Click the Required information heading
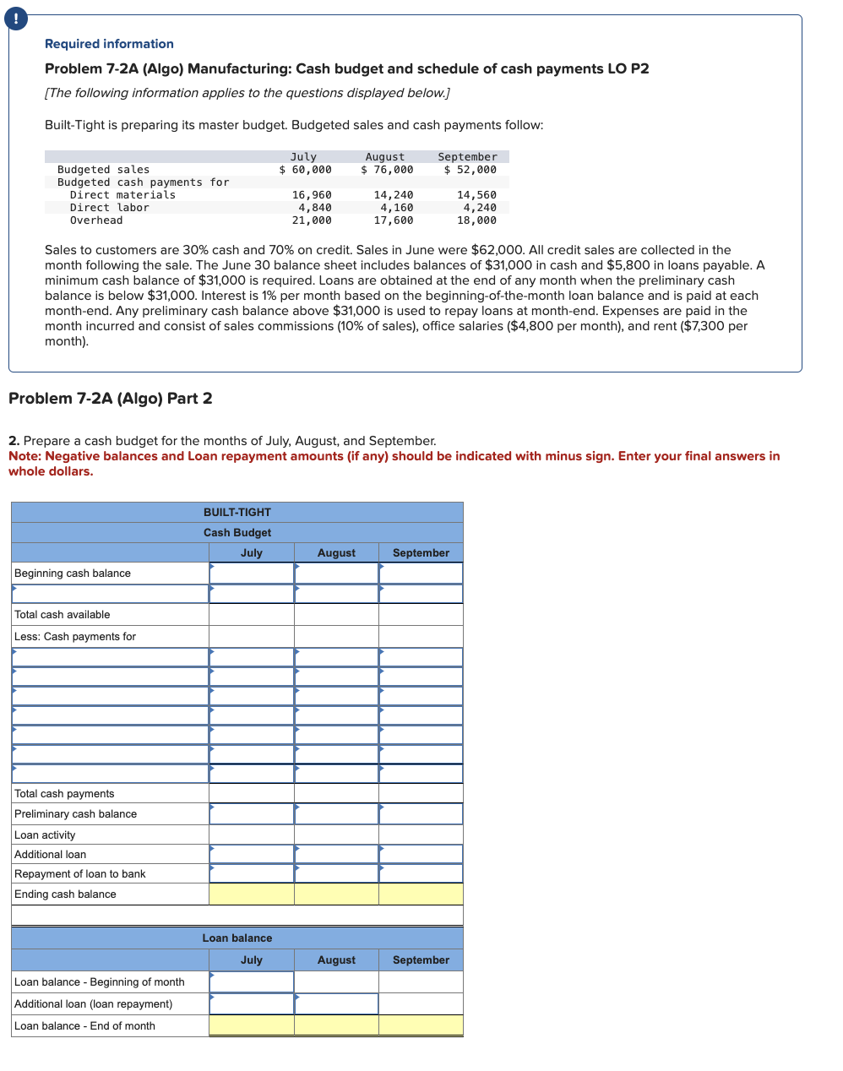[x=109, y=44]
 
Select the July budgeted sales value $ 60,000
[x=305, y=170]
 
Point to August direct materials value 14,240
[x=393, y=195]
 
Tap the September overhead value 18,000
[x=476, y=220]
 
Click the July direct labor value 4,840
[x=314, y=208]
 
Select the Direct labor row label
[x=109, y=208]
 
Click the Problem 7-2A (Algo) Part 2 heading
[x=110, y=399]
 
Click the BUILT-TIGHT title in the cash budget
[x=237, y=513]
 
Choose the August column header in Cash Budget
[x=336, y=553]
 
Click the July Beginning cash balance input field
[x=252, y=574]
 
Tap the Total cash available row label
[x=63, y=615]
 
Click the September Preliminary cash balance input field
[x=421, y=814]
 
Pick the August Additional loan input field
[x=336, y=855]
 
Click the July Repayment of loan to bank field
[x=252, y=874]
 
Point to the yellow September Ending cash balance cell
[x=421, y=894]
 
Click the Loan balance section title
[x=237, y=938]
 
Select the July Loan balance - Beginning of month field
[x=252, y=982]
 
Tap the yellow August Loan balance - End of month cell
[x=336, y=1026]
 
